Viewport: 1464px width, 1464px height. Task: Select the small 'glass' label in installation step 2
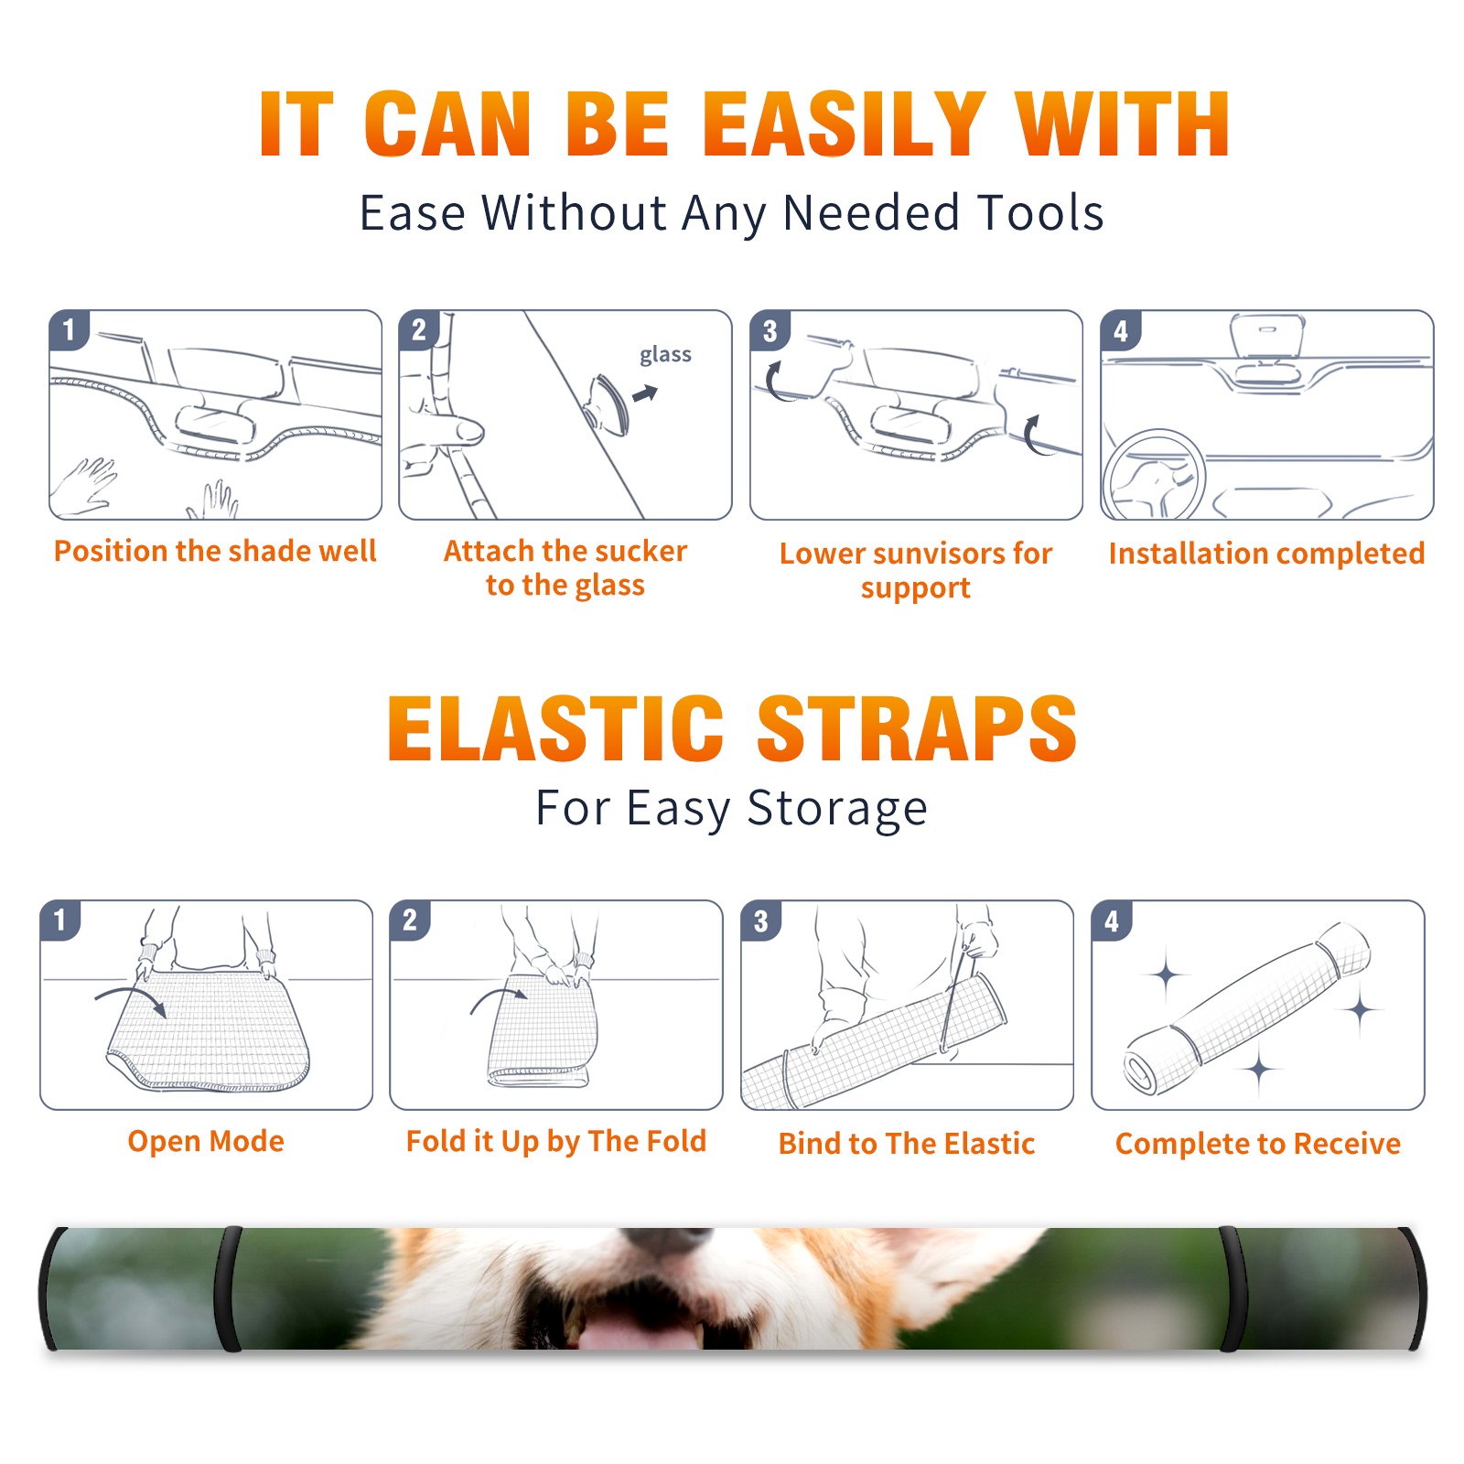[x=665, y=354]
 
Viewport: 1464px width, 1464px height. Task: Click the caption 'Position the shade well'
[x=215, y=551]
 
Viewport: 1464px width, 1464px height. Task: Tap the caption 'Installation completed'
[x=1266, y=553]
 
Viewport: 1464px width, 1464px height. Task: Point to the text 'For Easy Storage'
[x=732, y=808]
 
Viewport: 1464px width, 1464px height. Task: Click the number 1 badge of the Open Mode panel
[x=60, y=920]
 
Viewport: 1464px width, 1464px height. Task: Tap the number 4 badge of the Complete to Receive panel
[x=1112, y=920]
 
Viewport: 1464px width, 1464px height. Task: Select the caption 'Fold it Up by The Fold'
[x=556, y=1141]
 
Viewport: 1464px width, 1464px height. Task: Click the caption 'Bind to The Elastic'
[x=907, y=1143]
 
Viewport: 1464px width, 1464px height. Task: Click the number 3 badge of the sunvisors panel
[x=770, y=330]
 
